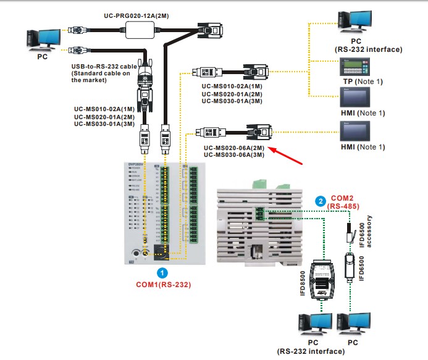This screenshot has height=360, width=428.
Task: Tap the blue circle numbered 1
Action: pyautogui.click(x=162, y=271)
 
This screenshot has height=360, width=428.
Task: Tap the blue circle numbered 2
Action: pyautogui.click(x=320, y=200)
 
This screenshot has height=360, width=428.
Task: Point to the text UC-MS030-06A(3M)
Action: pyautogui.click(x=234, y=156)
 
